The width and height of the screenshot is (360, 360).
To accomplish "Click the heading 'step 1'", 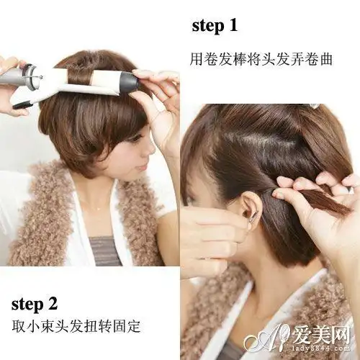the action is [x=215, y=26].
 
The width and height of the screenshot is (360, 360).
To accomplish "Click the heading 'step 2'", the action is [x=35, y=304].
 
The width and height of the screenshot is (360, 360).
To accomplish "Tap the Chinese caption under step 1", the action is [x=261, y=59].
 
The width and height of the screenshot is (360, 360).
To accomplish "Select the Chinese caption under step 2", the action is [x=76, y=325].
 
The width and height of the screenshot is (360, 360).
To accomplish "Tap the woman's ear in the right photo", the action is [x=248, y=207].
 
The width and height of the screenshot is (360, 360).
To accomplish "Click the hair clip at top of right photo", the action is [x=315, y=106].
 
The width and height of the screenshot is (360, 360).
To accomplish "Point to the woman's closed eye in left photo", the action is [x=136, y=138].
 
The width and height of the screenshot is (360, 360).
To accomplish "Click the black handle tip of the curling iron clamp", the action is [x=22, y=105].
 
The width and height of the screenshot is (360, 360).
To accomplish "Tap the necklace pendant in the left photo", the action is [x=99, y=210].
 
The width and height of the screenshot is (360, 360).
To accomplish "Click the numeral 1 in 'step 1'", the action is [x=233, y=26].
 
